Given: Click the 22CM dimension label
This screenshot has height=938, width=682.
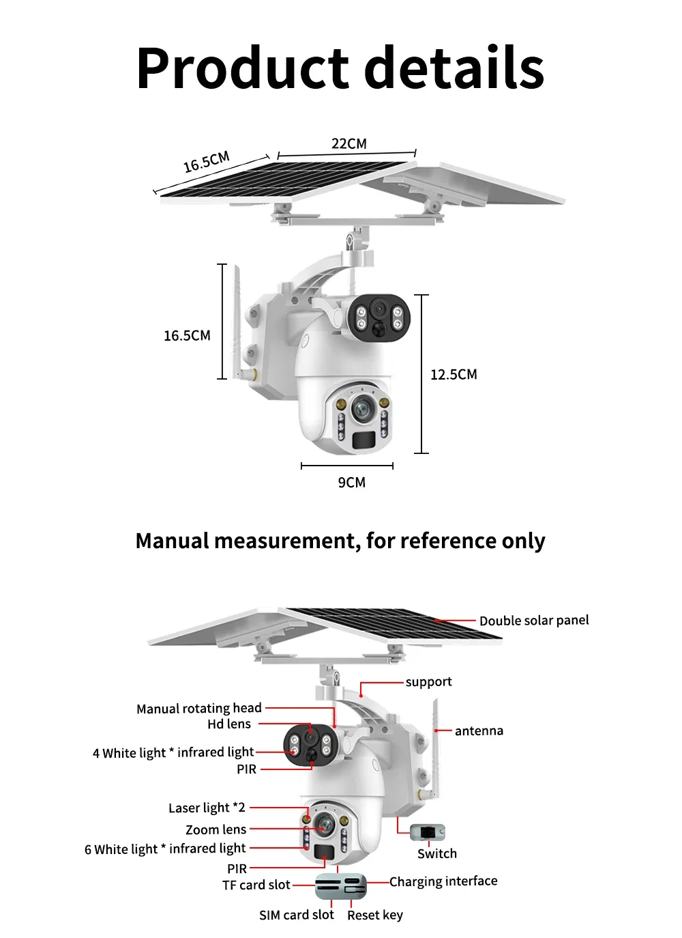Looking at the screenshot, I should point(349,143).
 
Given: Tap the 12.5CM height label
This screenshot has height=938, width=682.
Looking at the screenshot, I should point(454,374).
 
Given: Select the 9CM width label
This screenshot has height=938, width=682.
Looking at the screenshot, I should point(351,482).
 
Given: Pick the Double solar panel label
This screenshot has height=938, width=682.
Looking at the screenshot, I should point(533,621).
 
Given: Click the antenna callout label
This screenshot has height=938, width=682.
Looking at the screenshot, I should point(479,730).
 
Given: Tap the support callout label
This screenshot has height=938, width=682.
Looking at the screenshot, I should point(428,681).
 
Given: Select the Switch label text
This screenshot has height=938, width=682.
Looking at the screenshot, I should point(436,853).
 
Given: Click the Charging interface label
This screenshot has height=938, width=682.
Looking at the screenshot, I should point(443,881).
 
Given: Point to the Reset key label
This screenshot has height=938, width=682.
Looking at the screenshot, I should point(374,915).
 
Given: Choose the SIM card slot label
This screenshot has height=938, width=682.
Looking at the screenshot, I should point(296,915).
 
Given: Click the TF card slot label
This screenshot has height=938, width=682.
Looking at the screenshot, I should point(256,885).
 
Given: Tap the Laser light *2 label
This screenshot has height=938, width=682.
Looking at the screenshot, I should point(207,808).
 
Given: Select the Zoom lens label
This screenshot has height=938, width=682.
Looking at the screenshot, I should point(216,829).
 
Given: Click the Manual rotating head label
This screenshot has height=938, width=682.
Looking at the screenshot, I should point(198,708).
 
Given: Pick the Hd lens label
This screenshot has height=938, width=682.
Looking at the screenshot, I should point(229,724).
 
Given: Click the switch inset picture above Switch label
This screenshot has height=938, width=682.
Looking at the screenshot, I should point(428,832).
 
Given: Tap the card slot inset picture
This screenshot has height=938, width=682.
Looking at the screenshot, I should point(340,886).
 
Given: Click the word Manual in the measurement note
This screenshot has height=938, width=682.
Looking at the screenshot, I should point(172,541).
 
